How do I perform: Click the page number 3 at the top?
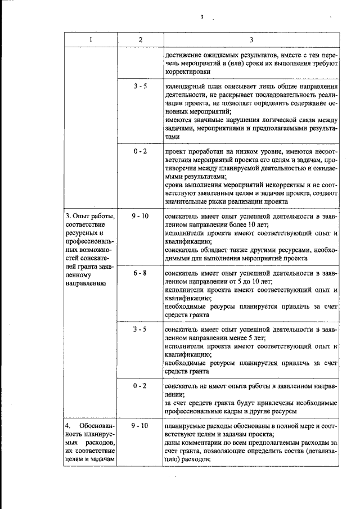click(201, 17)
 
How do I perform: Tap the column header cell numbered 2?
click(140, 40)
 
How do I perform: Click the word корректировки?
click(188, 72)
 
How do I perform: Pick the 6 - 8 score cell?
click(140, 273)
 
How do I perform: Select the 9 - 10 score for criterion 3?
click(140, 216)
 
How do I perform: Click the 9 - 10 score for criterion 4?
click(140, 426)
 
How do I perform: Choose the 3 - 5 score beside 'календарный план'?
click(140, 88)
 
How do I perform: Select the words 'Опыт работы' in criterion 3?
click(93, 217)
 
